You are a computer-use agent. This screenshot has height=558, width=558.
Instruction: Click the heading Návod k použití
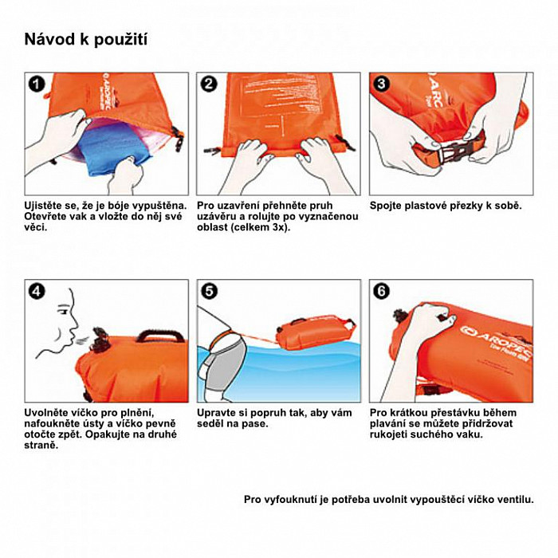[x=86, y=40]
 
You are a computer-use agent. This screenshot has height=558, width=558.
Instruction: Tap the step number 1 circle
[x=37, y=84]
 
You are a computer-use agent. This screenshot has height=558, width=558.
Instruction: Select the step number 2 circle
[x=209, y=84]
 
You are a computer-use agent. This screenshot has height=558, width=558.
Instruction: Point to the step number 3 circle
[x=381, y=84]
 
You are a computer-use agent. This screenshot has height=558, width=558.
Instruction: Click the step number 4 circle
[x=37, y=292]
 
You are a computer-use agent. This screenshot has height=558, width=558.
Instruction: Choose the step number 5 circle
[x=209, y=292]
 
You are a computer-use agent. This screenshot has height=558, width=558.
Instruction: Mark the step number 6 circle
[x=381, y=292]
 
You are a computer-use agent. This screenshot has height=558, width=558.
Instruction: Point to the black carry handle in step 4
[x=161, y=336]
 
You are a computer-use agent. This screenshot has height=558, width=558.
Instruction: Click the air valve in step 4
[x=100, y=340]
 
